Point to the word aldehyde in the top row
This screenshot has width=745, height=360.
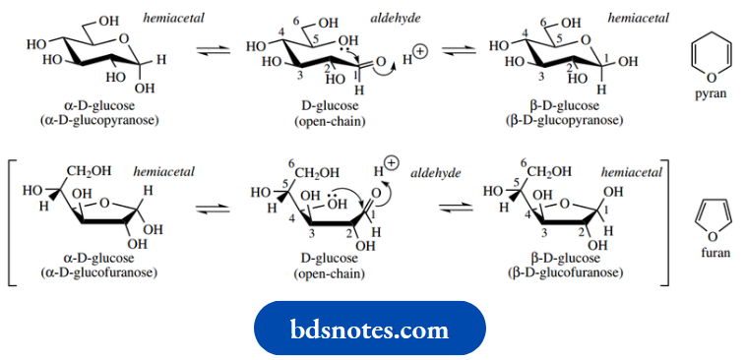point(391,19)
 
